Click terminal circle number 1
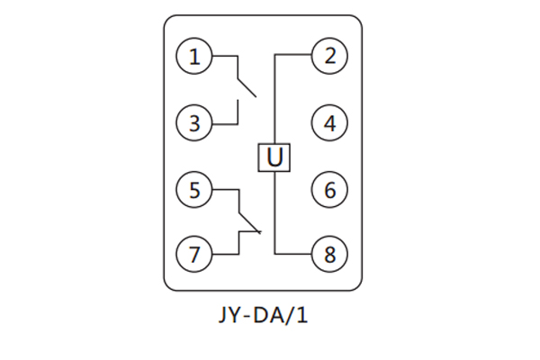pos(193,57)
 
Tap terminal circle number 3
pos(193,121)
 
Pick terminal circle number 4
pos(329,121)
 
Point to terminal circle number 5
pos(193,190)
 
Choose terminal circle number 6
pos(329,190)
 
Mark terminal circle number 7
pos(193,255)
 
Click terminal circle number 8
pos(329,255)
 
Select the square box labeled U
pos(274,157)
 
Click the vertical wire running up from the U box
pos(274,99)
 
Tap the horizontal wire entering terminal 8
pos(293,255)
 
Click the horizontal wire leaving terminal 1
pos(225,57)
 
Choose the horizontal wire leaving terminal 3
pos(225,121)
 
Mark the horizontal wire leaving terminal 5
pos(225,190)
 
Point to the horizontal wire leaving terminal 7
pos(225,255)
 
